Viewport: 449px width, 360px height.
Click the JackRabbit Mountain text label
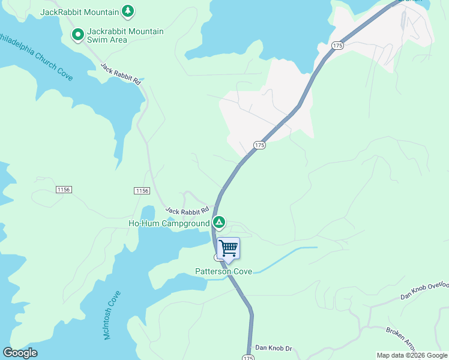79,11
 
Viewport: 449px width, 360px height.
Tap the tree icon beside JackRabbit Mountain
127,11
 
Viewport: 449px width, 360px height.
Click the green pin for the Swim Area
77,35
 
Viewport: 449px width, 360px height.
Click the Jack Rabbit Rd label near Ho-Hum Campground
187,211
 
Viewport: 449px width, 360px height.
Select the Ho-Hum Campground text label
169,223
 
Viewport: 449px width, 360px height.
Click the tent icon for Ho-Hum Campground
219,223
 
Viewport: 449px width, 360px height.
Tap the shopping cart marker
228,248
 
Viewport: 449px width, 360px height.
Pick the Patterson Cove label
224,271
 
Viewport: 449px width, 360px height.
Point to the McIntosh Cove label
112,316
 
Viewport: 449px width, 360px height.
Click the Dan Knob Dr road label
273,348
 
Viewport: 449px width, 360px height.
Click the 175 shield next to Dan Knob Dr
248,357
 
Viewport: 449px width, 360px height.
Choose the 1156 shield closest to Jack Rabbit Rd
141,190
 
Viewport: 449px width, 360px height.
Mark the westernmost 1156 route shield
64,190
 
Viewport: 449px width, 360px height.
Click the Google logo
20,353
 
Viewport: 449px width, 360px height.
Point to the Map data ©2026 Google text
412,355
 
